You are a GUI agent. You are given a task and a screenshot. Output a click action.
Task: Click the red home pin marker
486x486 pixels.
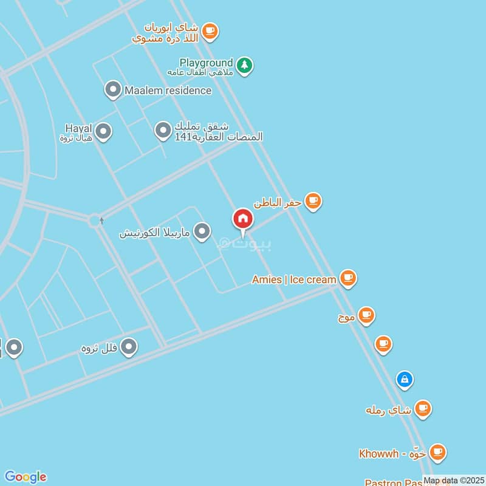242,220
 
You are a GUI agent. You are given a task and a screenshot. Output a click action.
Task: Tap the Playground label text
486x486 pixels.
206,63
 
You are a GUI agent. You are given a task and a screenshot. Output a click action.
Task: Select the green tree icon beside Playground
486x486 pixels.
244,65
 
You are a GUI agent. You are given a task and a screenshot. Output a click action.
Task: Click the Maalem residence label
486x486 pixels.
168,91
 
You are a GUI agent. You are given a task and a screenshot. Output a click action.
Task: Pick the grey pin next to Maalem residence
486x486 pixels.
112,90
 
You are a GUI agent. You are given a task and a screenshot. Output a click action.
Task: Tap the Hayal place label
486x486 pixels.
78,128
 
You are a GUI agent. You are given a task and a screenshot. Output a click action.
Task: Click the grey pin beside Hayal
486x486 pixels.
103,131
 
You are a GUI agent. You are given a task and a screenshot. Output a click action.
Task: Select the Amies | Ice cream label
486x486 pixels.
294,279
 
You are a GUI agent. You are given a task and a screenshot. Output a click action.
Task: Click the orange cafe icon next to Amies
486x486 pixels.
347,278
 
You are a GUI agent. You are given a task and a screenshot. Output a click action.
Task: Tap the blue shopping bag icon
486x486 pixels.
404,380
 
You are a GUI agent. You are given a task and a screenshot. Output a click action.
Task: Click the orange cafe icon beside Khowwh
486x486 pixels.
437,452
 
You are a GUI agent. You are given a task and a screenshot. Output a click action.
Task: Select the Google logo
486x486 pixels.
25,476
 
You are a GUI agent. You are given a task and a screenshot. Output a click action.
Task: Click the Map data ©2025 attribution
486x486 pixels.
453,481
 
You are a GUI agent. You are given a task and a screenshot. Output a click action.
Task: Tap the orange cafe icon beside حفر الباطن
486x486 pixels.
313,200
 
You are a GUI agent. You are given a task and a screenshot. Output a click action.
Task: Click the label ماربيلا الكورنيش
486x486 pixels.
154,232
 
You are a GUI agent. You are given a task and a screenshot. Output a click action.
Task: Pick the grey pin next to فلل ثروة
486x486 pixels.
129,347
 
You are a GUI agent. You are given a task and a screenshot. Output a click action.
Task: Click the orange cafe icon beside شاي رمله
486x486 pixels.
423,408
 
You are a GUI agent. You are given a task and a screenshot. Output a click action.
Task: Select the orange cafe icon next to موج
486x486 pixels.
366,315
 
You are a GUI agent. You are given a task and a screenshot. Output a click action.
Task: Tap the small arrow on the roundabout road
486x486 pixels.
101,221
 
